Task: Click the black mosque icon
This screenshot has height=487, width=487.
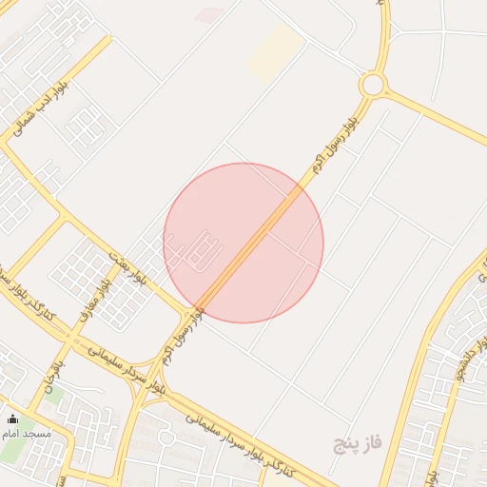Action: tap(12, 419)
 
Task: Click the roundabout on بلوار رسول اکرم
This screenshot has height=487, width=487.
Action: tap(372, 85)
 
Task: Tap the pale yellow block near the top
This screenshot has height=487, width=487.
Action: tap(276, 52)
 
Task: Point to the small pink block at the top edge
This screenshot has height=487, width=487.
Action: tap(209, 15)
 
